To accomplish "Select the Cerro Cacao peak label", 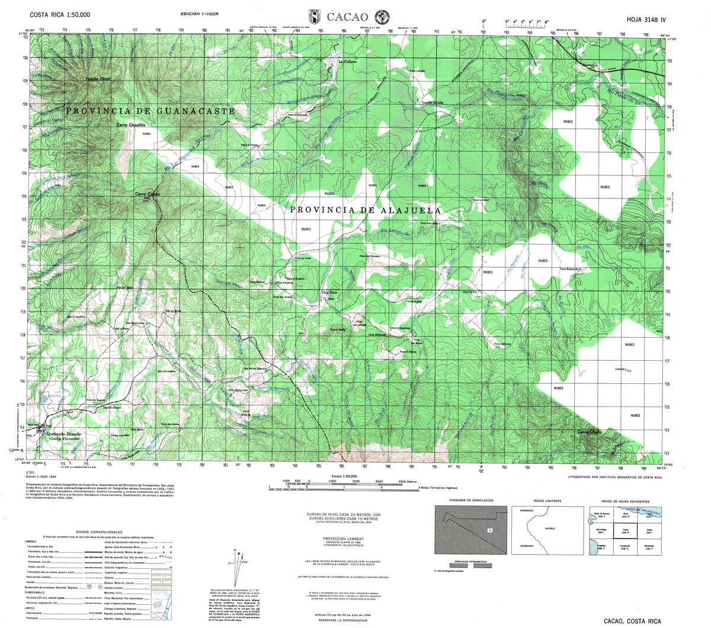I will click(x=148, y=194).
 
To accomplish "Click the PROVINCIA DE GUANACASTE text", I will click(x=150, y=111).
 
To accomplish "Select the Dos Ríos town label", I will click(x=329, y=293).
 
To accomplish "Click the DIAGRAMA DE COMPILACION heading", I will click(x=470, y=500).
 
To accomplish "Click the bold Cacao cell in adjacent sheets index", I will click(x=625, y=529).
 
